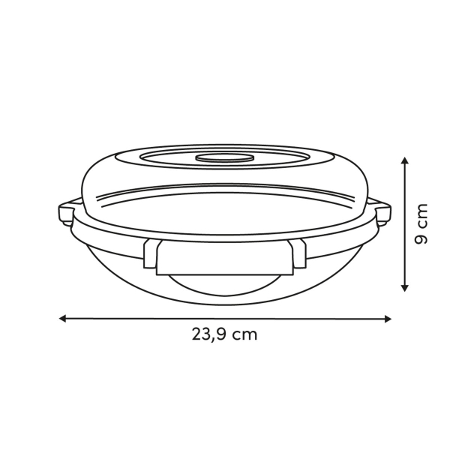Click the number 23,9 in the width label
click(x=208, y=334)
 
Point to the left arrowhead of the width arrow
click(x=63, y=318)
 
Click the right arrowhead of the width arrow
click(x=388, y=319)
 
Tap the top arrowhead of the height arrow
click(x=405, y=160)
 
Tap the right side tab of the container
click(x=384, y=213)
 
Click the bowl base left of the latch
click(x=112, y=259)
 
